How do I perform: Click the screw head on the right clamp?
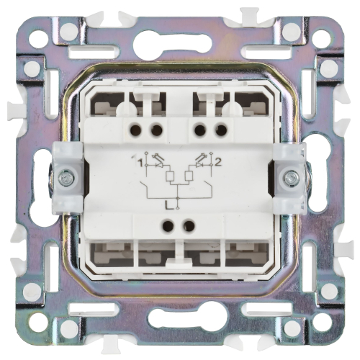[291, 178]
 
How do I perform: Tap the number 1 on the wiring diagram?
[140, 164]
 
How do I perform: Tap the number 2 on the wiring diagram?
[217, 163]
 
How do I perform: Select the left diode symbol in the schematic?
[158, 166]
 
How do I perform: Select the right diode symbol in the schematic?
[199, 165]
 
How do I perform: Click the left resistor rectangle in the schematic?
[169, 176]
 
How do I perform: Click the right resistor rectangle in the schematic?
[188, 176]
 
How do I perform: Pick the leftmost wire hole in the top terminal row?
[135, 131]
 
